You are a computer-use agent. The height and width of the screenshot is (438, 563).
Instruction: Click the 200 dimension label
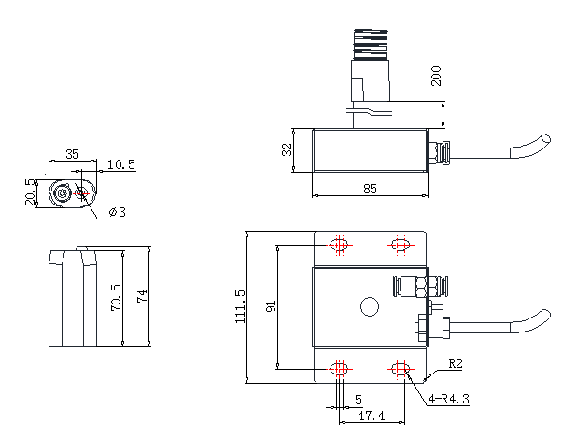point(436,76)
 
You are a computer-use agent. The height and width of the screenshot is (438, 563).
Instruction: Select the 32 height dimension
point(287,149)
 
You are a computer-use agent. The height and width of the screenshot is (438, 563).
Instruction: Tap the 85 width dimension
point(370,189)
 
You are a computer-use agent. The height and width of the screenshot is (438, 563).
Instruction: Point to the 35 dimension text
point(72,154)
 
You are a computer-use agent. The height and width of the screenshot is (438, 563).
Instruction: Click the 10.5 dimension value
point(121,164)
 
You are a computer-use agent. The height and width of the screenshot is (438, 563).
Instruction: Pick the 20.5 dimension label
point(31,192)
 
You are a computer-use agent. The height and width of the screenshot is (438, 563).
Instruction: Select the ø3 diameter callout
point(118,212)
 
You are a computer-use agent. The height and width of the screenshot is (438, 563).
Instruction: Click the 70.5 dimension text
point(116,298)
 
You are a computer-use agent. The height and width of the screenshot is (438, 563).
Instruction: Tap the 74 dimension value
point(142,296)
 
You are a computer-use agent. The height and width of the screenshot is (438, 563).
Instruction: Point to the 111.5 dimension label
point(240,306)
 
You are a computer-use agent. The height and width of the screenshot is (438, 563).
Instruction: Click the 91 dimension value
point(271,306)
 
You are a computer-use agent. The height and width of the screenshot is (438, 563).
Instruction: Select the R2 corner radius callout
point(456,364)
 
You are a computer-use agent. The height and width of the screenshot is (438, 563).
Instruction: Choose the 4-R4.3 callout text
point(449,399)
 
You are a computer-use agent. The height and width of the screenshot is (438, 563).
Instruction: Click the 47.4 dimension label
point(372,416)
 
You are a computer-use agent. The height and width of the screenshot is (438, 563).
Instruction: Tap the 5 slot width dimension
point(359,400)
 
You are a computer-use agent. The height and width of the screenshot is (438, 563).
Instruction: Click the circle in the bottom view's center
point(370,306)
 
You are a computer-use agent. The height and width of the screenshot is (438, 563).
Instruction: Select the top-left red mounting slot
point(339,246)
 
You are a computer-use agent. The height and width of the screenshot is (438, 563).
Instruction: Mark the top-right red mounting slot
point(401,246)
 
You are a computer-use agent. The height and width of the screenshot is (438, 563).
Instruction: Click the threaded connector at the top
point(371,45)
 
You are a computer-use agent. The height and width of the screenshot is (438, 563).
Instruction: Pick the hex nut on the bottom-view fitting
point(422,286)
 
